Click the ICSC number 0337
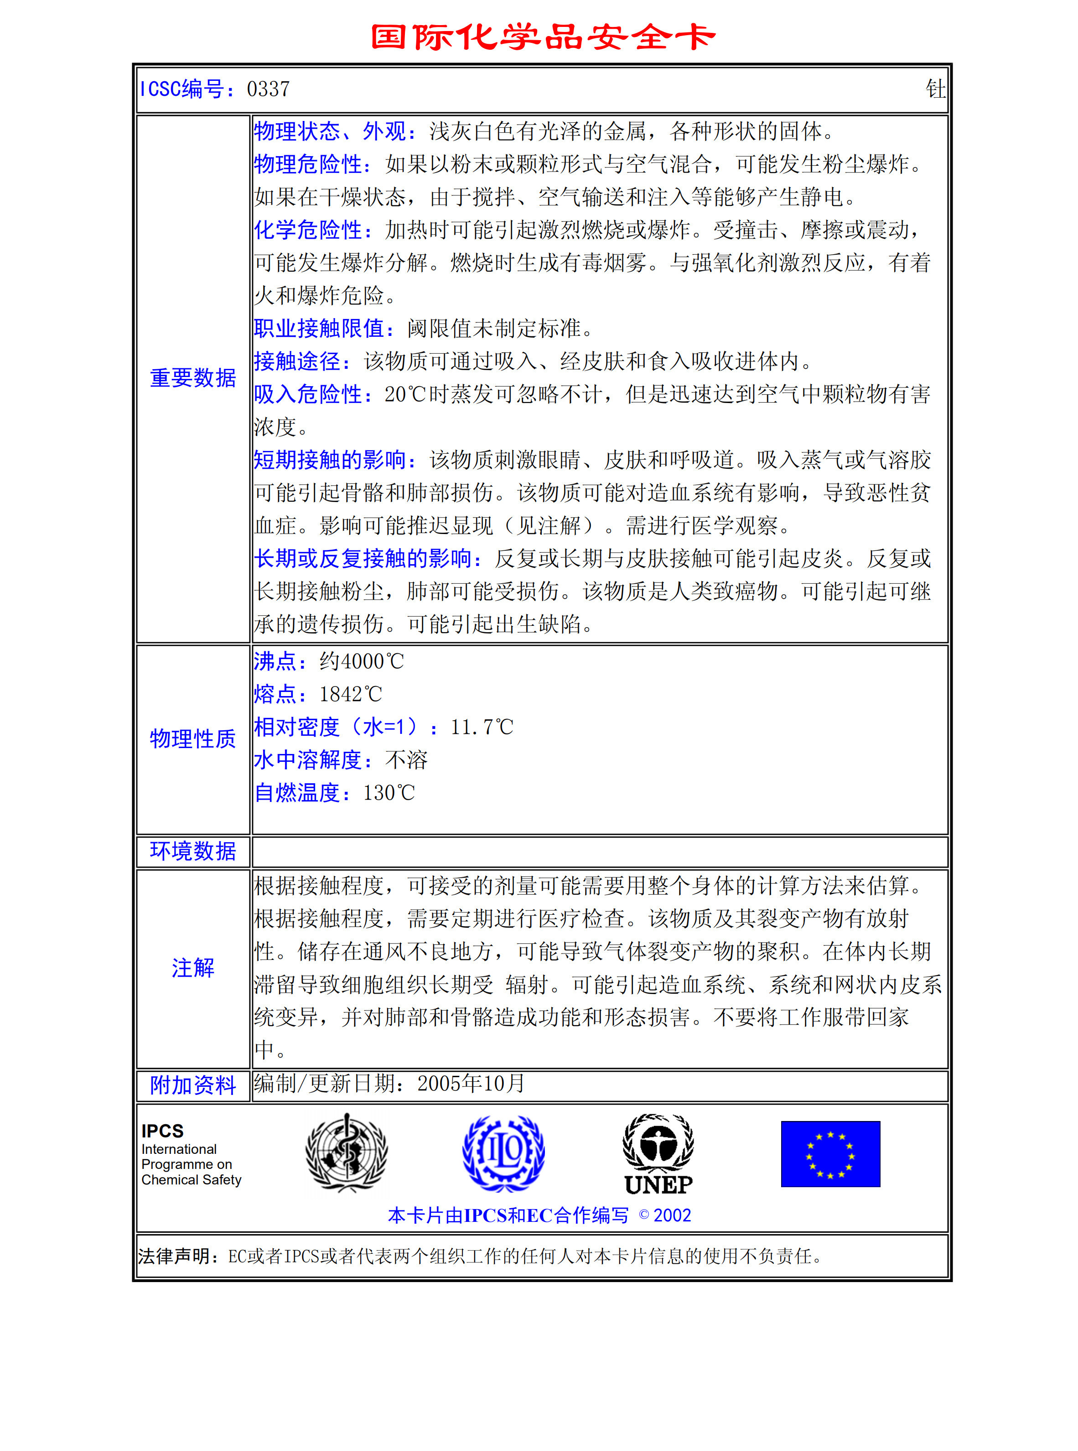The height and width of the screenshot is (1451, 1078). click(268, 89)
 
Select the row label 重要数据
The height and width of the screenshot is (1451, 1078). click(193, 378)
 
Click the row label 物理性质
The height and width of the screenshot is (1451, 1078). click(193, 739)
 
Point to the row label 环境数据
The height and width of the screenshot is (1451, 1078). click(193, 851)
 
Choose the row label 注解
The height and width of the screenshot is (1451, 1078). click(193, 968)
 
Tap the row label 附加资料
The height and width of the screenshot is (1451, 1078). click(193, 1084)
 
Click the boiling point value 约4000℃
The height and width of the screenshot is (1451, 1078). click(362, 661)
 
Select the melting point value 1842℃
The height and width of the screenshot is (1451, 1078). click(350, 694)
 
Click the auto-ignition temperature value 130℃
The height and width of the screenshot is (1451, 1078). click(389, 793)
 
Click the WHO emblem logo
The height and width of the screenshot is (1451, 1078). click(347, 1152)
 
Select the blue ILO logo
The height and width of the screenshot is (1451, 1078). click(503, 1152)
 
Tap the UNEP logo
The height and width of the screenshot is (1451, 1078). click(658, 1154)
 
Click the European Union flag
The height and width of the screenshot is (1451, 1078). click(830, 1154)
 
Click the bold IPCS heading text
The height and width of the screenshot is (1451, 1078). click(162, 1131)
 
